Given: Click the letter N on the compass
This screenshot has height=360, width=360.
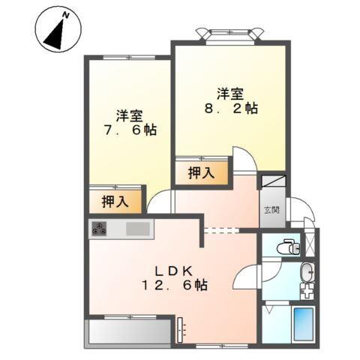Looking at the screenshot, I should (x=66, y=15).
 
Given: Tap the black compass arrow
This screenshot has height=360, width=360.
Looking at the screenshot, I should (x=55, y=33).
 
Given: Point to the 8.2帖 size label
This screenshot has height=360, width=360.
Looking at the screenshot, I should (x=231, y=108).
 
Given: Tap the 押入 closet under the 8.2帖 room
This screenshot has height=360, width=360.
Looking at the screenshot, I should (x=200, y=172).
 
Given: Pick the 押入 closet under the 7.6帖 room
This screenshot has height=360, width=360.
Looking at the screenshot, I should (x=115, y=200).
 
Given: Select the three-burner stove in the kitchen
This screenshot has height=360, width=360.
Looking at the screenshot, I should (x=100, y=229).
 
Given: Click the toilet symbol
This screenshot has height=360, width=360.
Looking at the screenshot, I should (x=286, y=245).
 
